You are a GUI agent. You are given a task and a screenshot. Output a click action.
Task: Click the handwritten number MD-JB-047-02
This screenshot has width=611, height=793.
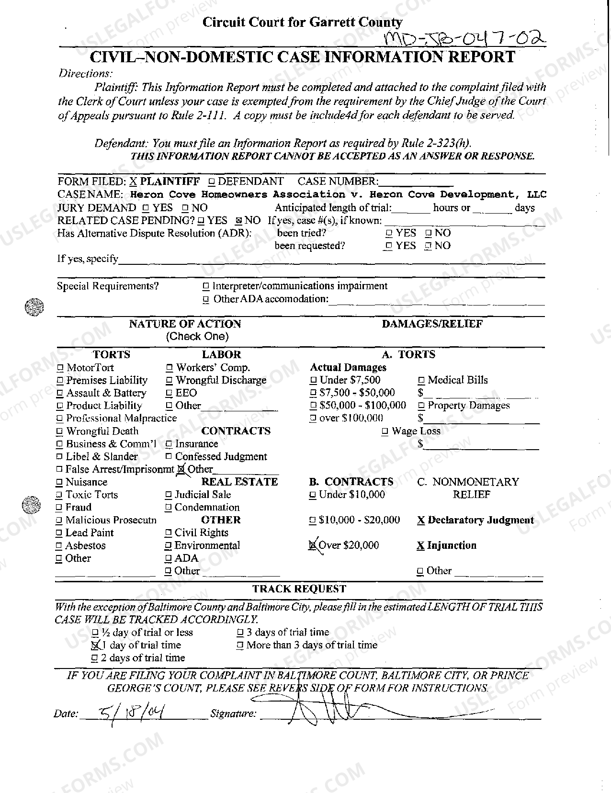pyautogui.click(x=465, y=38)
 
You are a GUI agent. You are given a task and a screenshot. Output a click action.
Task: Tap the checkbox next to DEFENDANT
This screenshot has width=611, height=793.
pyautogui.click(x=211, y=182)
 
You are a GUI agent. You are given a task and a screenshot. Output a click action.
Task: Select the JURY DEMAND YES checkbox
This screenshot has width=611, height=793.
pyautogui.click(x=146, y=208)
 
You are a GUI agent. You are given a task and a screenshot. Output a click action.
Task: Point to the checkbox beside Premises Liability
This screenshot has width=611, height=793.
pyautogui.click(x=60, y=381)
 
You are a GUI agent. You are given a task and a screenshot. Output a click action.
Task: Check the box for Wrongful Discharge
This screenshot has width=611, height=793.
pyautogui.click(x=169, y=381)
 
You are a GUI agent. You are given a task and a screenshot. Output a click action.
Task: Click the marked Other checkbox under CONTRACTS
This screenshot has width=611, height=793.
pyautogui.click(x=181, y=470)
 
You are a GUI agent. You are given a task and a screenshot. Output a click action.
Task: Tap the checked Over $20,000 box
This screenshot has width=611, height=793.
pyautogui.click(x=313, y=545)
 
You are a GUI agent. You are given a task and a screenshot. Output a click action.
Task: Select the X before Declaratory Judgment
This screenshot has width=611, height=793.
pyautogui.click(x=420, y=521)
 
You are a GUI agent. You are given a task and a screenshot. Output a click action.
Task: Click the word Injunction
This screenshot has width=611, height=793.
pyautogui.click(x=452, y=545)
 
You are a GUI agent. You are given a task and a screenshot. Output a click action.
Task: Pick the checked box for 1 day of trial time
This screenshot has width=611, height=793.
pyautogui.click(x=95, y=646)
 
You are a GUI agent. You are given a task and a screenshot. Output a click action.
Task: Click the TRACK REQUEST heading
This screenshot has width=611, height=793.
pyautogui.click(x=299, y=589)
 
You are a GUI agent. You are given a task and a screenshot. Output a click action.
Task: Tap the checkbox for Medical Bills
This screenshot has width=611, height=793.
pyautogui.click(x=421, y=381)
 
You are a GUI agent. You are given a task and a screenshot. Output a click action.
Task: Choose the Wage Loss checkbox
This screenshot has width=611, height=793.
pyautogui.click(x=385, y=432)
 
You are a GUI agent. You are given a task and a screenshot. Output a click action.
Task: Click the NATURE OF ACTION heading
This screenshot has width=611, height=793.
pyautogui.click(x=185, y=324)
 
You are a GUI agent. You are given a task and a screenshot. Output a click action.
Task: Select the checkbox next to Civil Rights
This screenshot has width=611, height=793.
pyautogui.click(x=168, y=533)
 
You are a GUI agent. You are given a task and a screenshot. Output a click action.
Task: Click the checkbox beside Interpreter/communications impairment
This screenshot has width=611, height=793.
pyautogui.click(x=206, y=287)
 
